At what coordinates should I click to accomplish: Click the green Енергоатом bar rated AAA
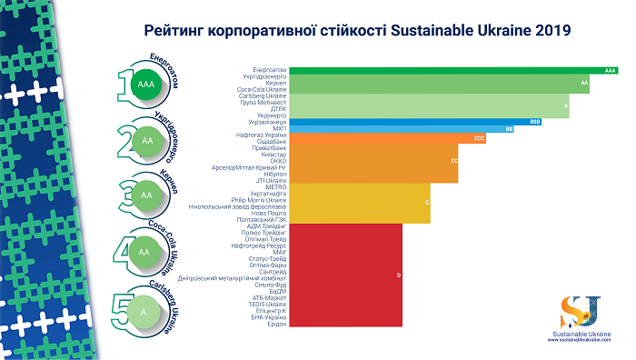click(454, 69)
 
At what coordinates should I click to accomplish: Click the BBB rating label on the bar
click(535, 120)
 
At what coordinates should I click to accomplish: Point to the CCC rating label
click(479, 137)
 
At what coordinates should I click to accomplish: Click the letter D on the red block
click(399, 274)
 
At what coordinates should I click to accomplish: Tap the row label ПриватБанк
click(269, 147)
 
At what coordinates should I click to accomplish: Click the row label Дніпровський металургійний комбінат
click(234, 276)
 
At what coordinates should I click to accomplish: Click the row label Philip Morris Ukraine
click(260, 199)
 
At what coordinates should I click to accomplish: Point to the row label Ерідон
click(275, 326)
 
